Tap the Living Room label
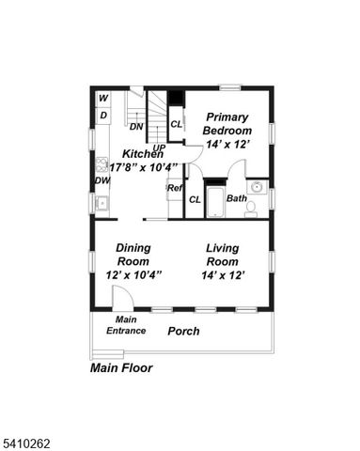pyautogui.click(x=224, y=255)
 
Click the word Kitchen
pyautogui.click(x=143, y=153)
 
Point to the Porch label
pyautogui.click(x=183, y=332)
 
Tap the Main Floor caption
pyautogui.click(x=121, y=368)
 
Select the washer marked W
pyautogui.click(x=102, y=99)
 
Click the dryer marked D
pyautogui.click(x=102, y=115)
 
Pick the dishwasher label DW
pyautogui.click(x=102, y=180)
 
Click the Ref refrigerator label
pyautogui.click(x=175, y=188)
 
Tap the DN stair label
pyautogui.click(x=135, y=126)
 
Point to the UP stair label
pyautogui.click(x=159, y=148)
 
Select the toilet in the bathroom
pyautogui.click(x=251, y=209)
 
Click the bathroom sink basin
pyautogui.click(x=255, y=187)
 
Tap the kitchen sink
pyautogui.click(x=102, y=202)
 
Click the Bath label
pyautogui.click(x=237, y=199)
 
